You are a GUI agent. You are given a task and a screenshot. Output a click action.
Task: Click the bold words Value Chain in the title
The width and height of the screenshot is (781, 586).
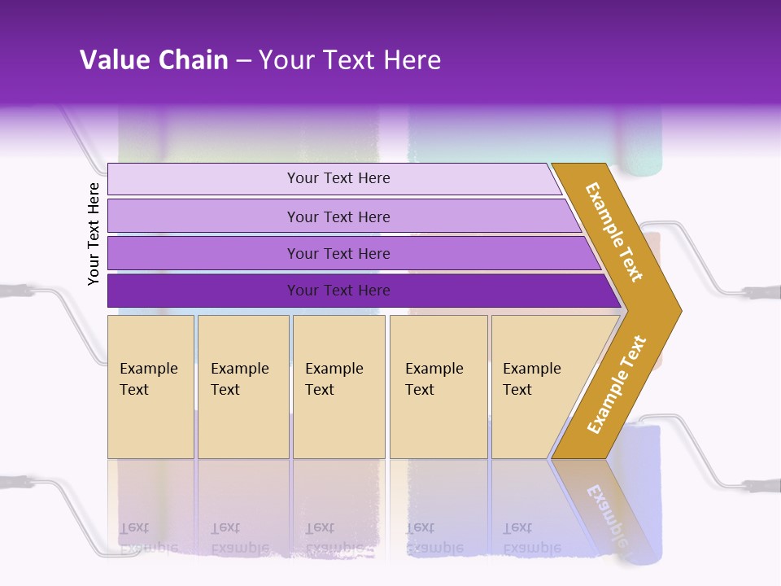click(154, 60)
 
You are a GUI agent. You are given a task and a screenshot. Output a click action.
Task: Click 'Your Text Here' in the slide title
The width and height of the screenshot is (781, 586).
click(350, 60)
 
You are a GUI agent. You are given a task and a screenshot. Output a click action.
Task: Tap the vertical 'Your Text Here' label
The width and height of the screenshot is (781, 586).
click(94, 234)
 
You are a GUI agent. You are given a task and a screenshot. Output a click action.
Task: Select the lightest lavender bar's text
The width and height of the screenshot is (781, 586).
click(338, 178)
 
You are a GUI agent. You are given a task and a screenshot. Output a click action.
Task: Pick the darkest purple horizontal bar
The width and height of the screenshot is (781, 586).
click(338, 291)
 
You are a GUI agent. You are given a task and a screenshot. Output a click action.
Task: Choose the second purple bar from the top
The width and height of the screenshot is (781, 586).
click(338, 216)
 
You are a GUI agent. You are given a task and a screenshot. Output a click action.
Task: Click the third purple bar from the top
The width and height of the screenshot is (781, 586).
click(338, 253)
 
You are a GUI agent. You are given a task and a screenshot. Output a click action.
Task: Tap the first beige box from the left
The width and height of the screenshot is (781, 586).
click(151, 387)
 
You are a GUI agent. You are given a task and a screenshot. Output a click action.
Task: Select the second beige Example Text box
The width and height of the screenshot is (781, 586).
click(242, 387)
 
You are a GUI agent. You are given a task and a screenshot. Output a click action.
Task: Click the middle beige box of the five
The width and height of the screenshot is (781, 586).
click(338, 387)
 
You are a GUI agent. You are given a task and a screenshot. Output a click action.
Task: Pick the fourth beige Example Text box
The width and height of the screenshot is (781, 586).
click(438, 387)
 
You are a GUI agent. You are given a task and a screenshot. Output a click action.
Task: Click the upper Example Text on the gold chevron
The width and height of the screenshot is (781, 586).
click(614, 232)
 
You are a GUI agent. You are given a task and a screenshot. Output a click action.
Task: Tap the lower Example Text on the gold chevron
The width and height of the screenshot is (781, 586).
click(617, 384)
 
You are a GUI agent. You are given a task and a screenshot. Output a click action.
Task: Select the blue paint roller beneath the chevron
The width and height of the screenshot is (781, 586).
click(643, 488)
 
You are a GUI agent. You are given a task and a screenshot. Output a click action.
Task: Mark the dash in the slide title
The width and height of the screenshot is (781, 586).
click(243, 61)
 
